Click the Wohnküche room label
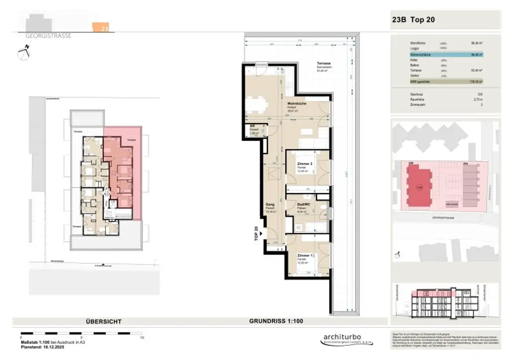tap(296, 103)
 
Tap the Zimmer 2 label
tap(304, 164)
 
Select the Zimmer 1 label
tap(304, 256)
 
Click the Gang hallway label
tap(270, 204)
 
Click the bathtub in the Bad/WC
tap(309, 227)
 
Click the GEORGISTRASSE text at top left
tap(48, 36)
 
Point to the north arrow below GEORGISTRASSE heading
tap(23, 52)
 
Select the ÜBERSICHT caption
tap(103, 322)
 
